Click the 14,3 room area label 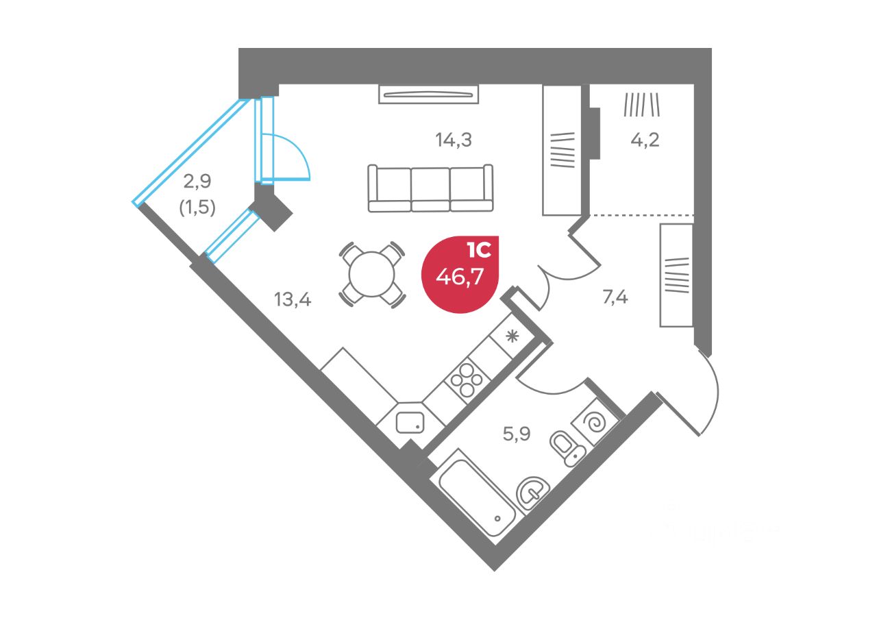coord(454,140)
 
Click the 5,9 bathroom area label coord(517,434)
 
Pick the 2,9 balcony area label coord(197,182)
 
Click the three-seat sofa coord(430,188)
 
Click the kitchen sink coord(410,422)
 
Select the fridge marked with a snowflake coord(512,336)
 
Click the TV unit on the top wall coord(428,94)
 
